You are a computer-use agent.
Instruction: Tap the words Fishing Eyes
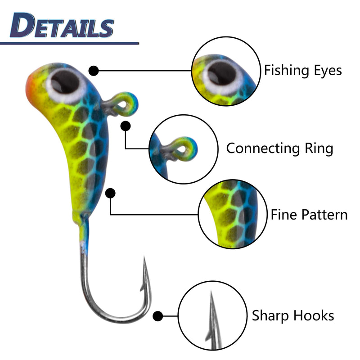[x=302, y=70]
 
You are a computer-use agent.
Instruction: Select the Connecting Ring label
[x=279, y=148]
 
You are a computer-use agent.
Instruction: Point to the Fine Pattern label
[x=309, y=214]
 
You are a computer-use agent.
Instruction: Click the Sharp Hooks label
[x=292, y=315]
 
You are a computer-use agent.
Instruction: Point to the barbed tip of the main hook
[x=145, y=265]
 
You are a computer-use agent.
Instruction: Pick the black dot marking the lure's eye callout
[x=94, y=71]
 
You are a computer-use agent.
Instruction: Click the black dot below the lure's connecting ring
[x=126, y=126]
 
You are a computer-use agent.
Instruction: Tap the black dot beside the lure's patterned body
[x=110, y=193]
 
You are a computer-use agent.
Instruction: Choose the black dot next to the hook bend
[x=157, y=316]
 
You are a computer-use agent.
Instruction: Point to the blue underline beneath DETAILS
[x=67, y=43]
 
